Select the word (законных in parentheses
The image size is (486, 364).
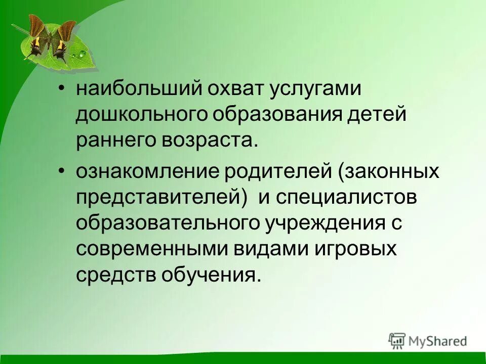coord(388,172)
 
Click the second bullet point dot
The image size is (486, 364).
coord(61,172)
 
